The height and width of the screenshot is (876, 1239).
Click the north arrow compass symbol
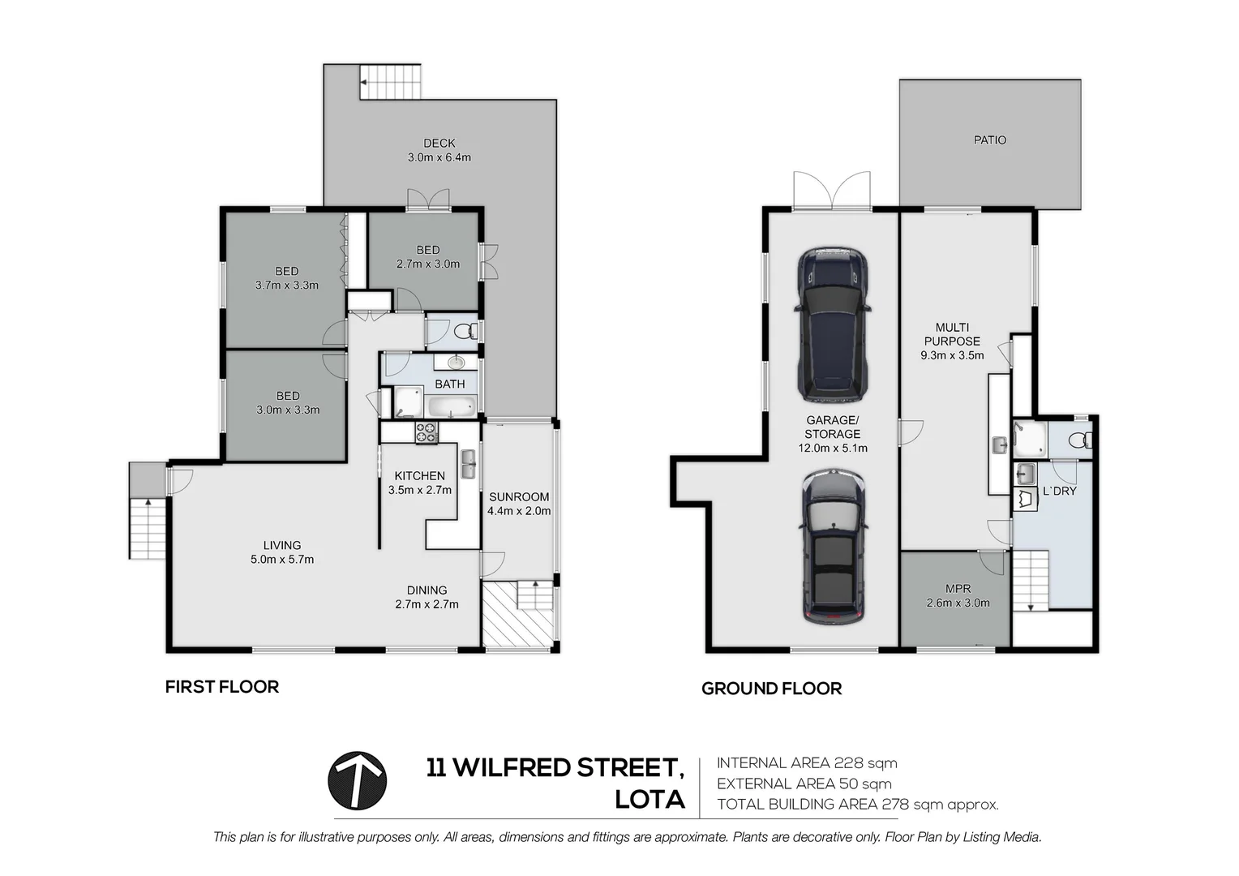coord(357,780)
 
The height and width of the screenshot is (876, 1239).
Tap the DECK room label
coord(439,144)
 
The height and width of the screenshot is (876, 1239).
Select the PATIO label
coord(989,140)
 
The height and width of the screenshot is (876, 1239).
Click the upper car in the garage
coord(832,324)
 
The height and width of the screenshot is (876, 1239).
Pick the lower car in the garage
coord(834,547)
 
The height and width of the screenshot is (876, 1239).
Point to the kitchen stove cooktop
coord(426,432)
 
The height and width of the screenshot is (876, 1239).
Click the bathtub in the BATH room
coord(452,406)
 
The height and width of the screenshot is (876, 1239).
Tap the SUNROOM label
coord(519,497)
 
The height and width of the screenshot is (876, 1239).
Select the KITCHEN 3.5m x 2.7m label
coord(420,483)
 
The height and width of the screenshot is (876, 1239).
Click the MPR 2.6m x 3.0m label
coord(958,595)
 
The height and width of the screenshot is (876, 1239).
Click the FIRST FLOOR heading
coord(222,687)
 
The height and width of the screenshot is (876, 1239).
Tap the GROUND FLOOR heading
coord(772,689)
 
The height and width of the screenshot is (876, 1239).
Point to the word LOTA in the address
coord(650,801)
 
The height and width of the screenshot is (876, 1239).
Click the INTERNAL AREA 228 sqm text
coord(807,763)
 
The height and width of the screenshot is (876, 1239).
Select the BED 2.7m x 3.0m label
coord(427,257)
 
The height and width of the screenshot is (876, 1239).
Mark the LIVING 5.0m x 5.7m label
coord(282,552)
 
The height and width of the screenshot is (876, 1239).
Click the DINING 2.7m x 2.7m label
coord(427,597)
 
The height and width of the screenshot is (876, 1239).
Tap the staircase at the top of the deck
coord(391,82)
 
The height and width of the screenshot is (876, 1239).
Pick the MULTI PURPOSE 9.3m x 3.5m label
coord(952,341)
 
